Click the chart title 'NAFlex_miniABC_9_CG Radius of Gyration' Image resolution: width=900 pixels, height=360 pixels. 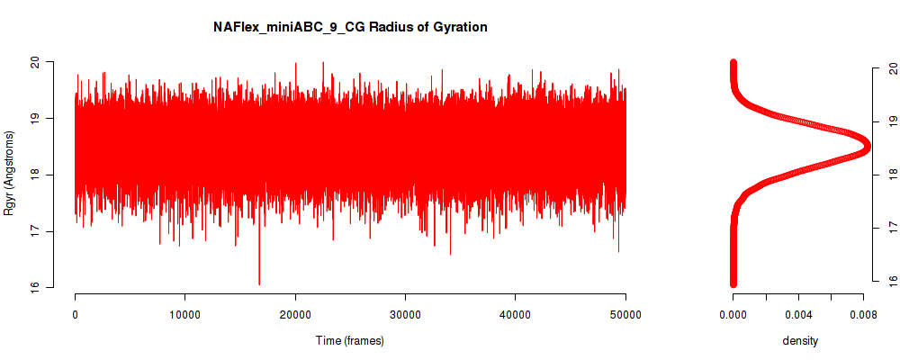point(350,27)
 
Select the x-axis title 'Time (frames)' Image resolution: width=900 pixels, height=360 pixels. point(349,340)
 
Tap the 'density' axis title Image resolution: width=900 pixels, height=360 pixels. point(799,340)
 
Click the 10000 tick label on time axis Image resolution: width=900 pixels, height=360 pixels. point(184,314)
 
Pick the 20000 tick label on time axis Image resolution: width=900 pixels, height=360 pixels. point(295,314)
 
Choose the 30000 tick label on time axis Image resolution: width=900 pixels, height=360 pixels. point(405,314)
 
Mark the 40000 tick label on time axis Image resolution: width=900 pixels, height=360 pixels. point(516,314)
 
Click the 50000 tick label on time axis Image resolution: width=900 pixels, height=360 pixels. point(625,314)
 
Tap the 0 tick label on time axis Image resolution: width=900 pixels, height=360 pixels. point(76,314)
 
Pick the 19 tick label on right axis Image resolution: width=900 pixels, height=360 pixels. point(891,121)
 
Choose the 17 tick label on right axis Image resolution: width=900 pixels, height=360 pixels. point(891,228)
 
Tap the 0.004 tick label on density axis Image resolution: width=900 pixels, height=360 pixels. point(798,314)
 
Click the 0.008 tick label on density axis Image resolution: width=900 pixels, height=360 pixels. point(864,314)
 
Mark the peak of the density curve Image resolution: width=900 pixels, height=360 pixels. point(868,147)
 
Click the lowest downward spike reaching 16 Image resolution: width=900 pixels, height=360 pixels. point(259,283)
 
